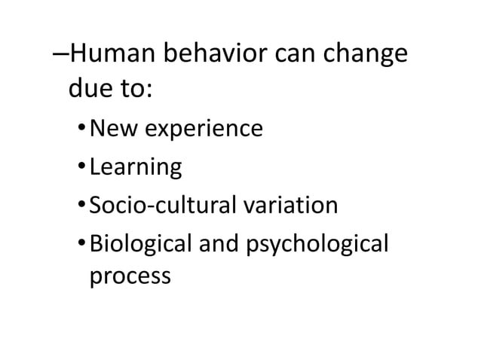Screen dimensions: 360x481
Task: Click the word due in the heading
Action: coord(89,91)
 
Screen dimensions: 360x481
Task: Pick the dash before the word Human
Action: coord(62,57)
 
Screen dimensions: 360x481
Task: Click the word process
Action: coord(130,276)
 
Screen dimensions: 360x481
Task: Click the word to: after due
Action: coord(134,91)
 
